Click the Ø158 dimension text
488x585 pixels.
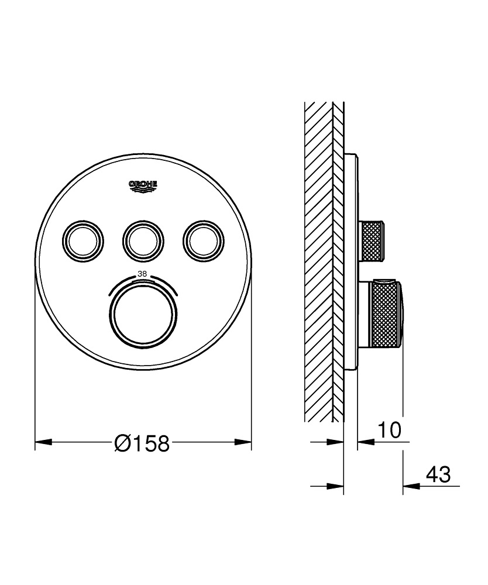(142, 443)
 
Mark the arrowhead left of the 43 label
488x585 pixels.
(410, 485)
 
